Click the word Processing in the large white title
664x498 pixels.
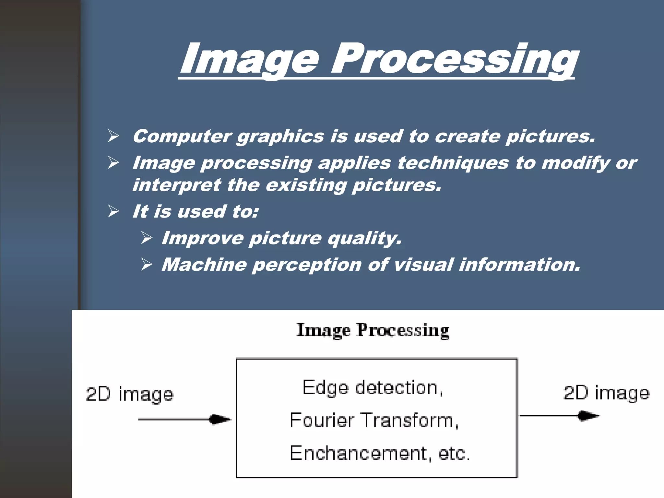454,60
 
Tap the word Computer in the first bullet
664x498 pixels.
182,136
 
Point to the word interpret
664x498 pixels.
177,185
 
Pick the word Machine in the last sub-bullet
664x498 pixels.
204,265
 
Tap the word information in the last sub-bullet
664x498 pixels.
519,265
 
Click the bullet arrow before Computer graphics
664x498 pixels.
113,136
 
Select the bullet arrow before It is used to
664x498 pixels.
113,211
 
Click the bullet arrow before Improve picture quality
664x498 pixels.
147,238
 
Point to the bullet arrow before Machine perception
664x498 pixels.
147,265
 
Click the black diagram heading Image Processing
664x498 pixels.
373,330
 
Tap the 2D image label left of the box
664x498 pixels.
130,395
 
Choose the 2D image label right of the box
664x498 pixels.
606,393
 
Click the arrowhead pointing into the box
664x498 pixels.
220,419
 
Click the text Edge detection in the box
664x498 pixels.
373,388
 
